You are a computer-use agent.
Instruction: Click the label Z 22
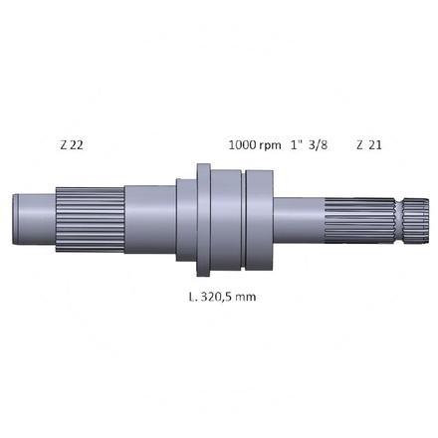(x=71, y=144)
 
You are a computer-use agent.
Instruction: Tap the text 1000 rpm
(x=255, y=144)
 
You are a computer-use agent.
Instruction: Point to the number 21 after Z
(x=374, y=144)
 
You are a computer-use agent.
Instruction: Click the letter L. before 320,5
(x=191, y=296)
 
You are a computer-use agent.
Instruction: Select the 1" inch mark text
(x=297, y=144)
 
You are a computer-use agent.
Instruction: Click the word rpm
(x=270, y=144)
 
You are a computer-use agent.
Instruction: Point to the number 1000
(x=242, y=144)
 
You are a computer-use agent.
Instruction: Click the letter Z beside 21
(x=359, y=144)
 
